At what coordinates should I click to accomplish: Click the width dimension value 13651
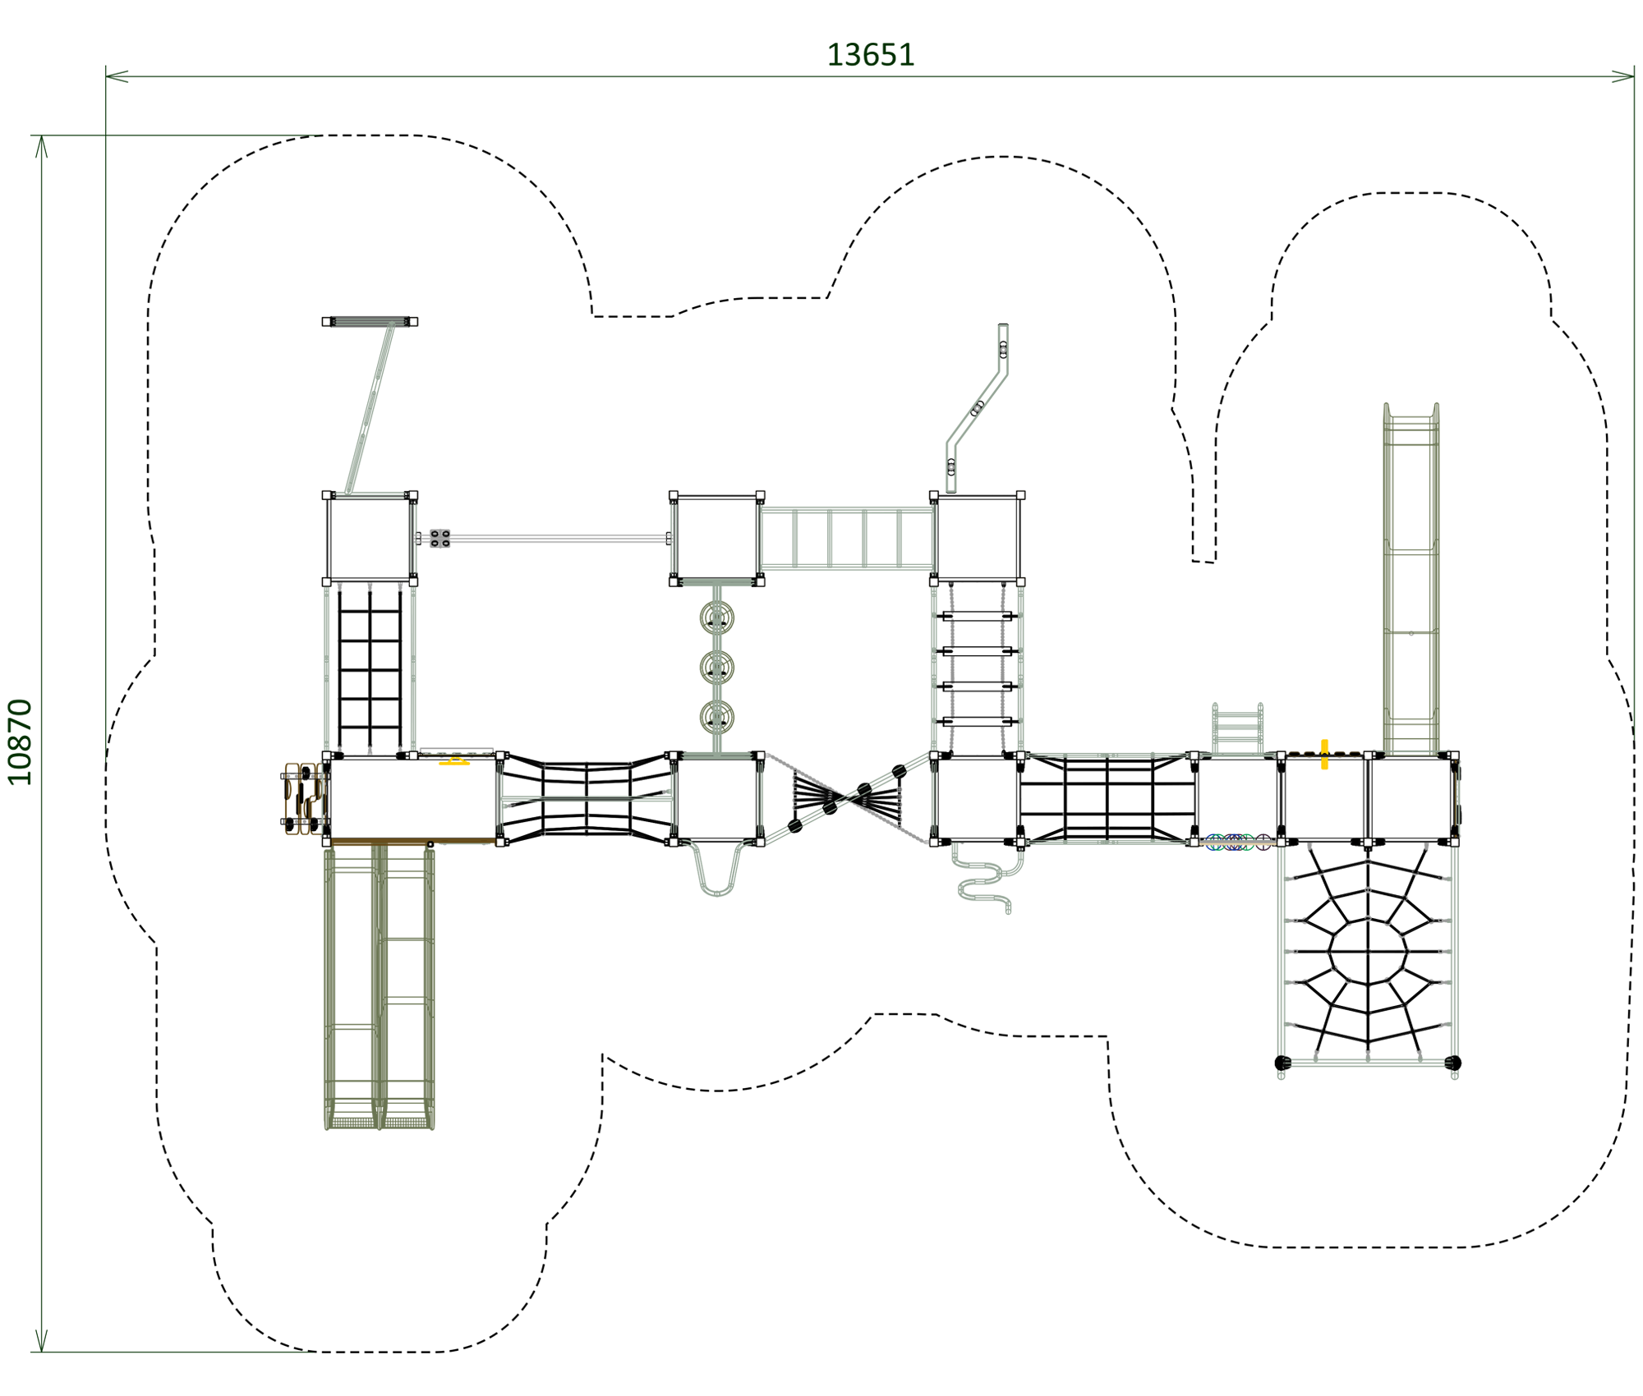[x=870, y=55]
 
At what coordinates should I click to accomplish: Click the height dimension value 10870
[x=20, y=742]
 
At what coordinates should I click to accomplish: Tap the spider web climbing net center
[x=1368, y=952]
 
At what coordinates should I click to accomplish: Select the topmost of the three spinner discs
[x=716, y=617]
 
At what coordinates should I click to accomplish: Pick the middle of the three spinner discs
[x=716, y=667]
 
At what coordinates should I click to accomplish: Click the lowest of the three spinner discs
[x=716, y=718]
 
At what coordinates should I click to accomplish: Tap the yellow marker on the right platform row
[x=1324, y=754]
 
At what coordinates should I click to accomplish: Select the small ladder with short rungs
[x=1237, y=728]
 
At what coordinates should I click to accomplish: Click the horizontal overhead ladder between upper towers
[x=846, y=538]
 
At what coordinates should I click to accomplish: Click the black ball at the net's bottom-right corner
[x=1452, y=1063]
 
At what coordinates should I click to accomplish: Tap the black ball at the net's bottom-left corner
[x=1282, y=1063]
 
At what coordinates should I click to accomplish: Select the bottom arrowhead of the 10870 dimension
[x=41, y=1340]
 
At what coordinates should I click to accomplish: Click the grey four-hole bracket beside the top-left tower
[x=440, y=538]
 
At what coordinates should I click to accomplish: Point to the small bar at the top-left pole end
[x=370, y=321]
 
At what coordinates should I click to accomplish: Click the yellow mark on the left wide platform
[x=454, y=761]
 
